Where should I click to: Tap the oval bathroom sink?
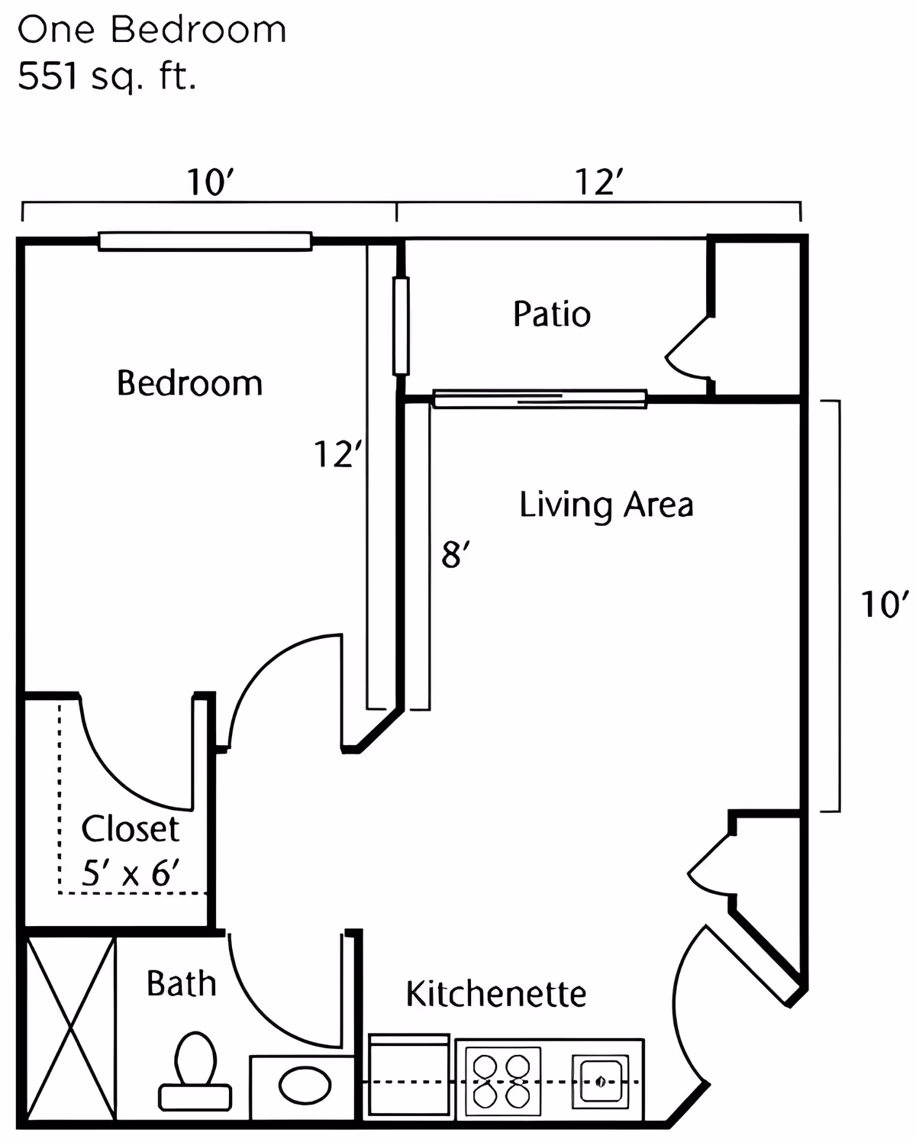pyautogui.click(x=305, y=1086)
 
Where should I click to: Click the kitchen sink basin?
pyautogui.click(x=601, y=1081)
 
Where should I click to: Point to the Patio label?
pyautogui.click(x=552, y=315)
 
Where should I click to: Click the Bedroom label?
pyautogui.click(x=189, y=383)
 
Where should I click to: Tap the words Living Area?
pyautogui.click(x=606, y=505)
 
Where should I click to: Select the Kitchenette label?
pyautogui.click(x=496, y=994)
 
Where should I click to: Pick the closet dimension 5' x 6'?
pyautogui.click(x=131, y=873)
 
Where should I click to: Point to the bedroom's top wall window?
pyautogui.click(x=205, y=241)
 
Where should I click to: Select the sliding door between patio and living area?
pyautogui.click(x=540, y=399)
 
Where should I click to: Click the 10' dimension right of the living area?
pyautogui.click(x=885, y=605)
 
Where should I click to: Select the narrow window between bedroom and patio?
pyautogui.click(x=401, y=327)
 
